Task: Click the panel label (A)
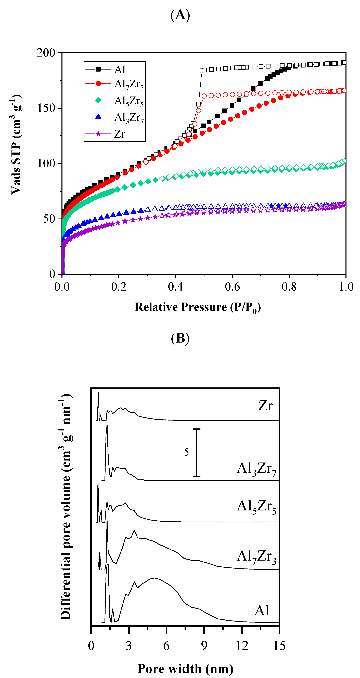[180, 15]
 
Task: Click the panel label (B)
[180, 338]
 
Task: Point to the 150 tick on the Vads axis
[46, 108]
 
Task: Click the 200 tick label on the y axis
[46, 53]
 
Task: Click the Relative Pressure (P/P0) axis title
[198, 307]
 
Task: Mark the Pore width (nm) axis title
[185, 669]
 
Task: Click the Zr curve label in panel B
[265, 406]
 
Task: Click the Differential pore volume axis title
[66, 507]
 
